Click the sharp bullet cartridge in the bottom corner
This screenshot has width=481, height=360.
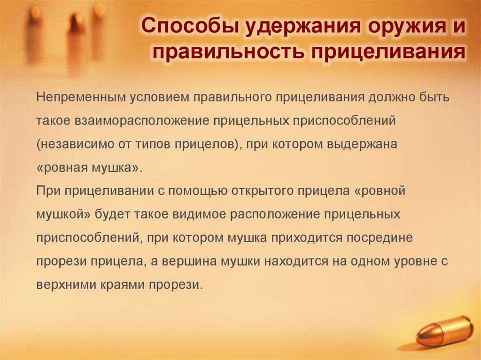[444, 331]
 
